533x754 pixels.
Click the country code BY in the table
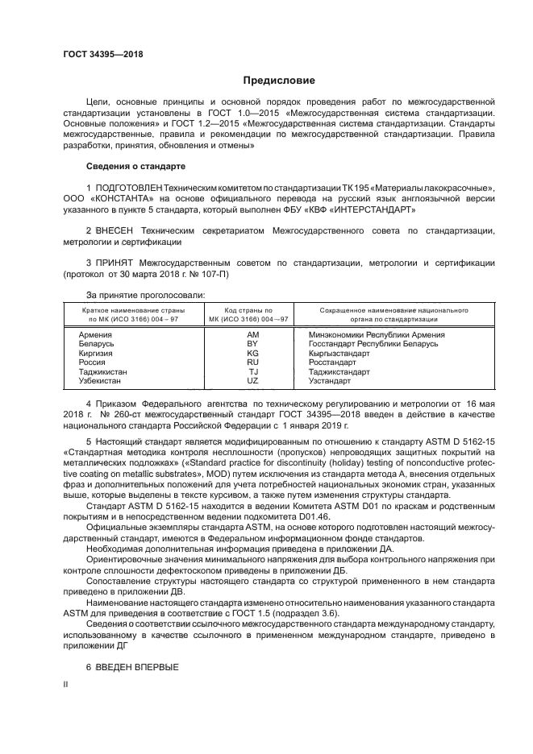(252, 344)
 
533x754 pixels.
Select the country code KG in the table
(252, 354)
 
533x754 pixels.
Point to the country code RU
(252, 363)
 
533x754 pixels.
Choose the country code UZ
(252, 383)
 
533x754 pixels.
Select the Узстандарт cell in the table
(331, 383)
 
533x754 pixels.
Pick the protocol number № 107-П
(210, 274)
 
